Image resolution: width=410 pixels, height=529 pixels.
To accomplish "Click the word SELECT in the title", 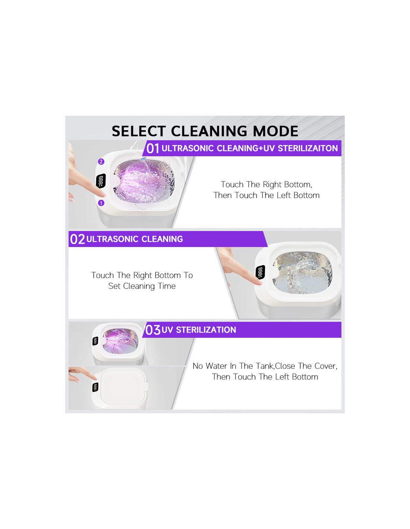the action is (139, 131).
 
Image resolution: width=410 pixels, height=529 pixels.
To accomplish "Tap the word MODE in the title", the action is (275, 131).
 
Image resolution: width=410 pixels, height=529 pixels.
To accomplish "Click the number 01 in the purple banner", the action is (153, 148).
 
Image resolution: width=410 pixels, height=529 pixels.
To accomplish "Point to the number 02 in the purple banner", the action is (77, 239).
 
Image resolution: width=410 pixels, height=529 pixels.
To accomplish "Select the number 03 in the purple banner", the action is (153, 330).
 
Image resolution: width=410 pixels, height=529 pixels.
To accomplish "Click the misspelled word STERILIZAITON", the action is (308, 148).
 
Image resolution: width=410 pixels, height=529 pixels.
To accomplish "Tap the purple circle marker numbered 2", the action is (101, 162).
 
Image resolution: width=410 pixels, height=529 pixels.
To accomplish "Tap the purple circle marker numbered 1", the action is (101, 203).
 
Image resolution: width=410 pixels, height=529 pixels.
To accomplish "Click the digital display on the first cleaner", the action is (101, 181).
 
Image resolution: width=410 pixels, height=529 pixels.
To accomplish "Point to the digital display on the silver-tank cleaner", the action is (261, 272).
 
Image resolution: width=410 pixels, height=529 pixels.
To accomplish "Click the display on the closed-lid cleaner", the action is (95, 387).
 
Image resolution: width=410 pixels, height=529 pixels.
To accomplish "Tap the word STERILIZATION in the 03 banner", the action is (206, 330).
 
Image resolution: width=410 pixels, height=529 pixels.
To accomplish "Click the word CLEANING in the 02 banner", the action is (162, 239).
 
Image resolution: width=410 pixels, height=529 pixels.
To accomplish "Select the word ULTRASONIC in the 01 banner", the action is (187, 148).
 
